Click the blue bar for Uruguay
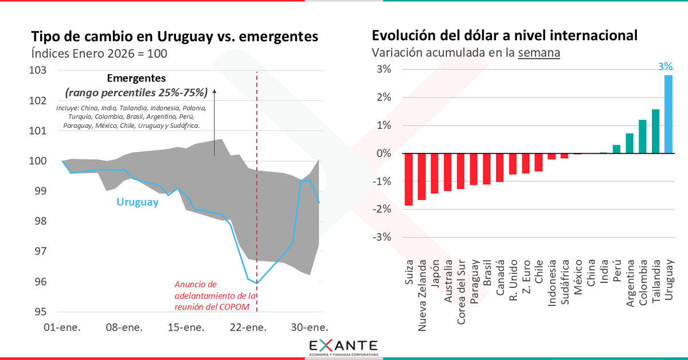669,114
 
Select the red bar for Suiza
409,179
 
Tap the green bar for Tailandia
655,131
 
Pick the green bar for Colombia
643,136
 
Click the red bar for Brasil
487,169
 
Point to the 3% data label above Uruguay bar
665,66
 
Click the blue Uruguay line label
137,202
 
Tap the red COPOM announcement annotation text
213,295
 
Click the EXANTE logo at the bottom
343,347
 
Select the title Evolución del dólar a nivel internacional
505,36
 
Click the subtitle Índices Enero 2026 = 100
99,53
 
